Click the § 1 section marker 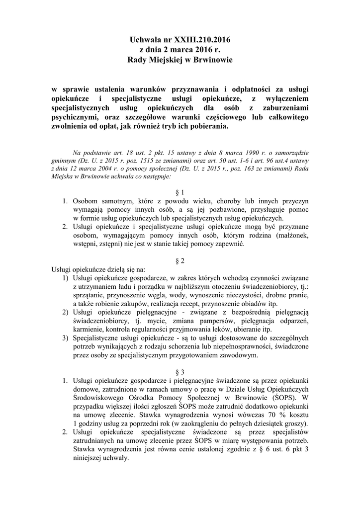[180, 192]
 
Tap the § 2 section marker [180, 260]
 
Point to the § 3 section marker [180, 372]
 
